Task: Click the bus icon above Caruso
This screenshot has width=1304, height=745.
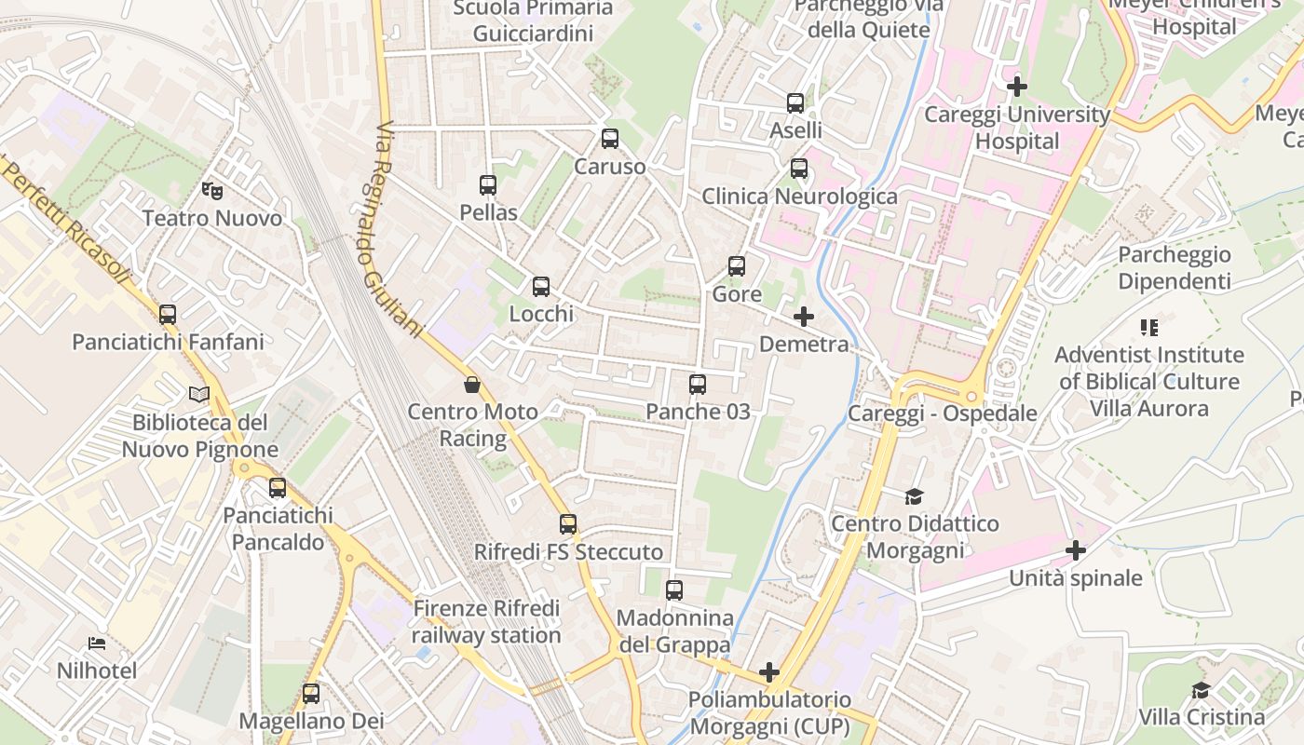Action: tap(610, 139)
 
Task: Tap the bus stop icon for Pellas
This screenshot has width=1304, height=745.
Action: tap(488, 185)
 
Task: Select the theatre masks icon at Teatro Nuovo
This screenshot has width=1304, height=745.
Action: tap(212, 190)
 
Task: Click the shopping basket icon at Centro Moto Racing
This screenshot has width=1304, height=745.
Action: tap(472, 385)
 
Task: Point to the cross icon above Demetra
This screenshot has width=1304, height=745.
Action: tap(804, 317)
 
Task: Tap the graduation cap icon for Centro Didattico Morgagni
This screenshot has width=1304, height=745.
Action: tap(914, 496)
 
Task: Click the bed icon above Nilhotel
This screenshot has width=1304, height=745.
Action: tap(97, 643)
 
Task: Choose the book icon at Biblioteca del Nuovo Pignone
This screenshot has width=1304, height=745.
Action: tap(199, 394)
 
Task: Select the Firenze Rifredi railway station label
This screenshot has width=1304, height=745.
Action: tap(486, 622)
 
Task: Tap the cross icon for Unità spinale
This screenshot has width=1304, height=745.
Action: tap(1076, 550)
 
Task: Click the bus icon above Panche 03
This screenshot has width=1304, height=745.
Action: tap(698, 384)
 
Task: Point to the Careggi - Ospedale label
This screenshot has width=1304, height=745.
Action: tap(942, 413)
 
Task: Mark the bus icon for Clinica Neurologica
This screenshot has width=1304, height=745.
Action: tap(799, 169)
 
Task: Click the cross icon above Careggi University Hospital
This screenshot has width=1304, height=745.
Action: tap(1017, 87)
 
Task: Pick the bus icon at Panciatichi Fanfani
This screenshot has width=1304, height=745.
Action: tap(168, 315)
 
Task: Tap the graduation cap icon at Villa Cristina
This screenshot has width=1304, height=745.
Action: tap(1202, 690)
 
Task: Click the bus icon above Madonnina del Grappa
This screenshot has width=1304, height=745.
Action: tap(674, 590)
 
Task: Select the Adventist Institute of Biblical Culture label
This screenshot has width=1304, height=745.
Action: tap(1148, 381)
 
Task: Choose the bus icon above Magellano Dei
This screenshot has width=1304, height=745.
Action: tap(311, 694)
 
